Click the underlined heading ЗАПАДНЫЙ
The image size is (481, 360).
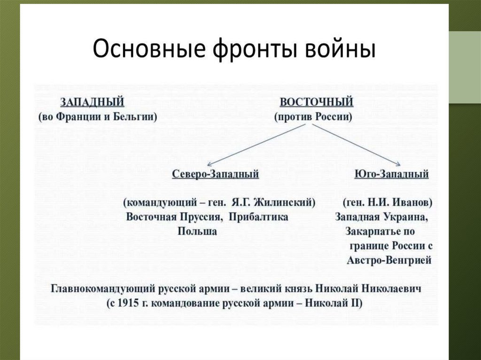[92, 102]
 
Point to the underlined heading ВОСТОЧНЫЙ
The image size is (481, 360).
[316, 102]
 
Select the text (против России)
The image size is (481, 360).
[313, 117]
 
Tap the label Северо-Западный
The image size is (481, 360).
[216, 175]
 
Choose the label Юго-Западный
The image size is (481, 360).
[391, 175]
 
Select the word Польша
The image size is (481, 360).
[197, 232]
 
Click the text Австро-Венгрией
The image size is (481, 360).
[389, 260]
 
